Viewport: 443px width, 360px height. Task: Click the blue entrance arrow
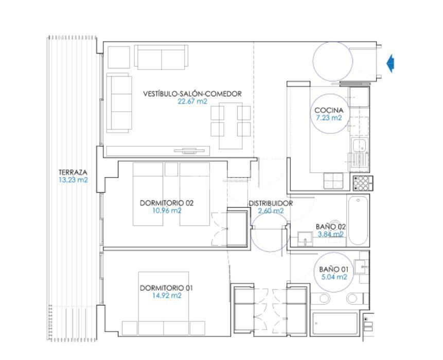[391, 63]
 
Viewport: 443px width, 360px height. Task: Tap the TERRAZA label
[73, 172]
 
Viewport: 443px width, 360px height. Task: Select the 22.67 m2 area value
[192, 101]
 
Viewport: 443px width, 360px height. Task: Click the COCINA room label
[329, 110]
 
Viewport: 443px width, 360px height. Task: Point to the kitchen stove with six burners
[363, 183]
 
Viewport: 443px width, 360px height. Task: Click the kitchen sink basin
[359, 145]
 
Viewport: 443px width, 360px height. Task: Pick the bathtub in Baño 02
[358, 220]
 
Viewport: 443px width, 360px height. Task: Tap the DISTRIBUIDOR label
[271, 203]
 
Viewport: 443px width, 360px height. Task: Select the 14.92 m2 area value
[167, 296]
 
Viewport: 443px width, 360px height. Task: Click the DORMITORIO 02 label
[167, 203]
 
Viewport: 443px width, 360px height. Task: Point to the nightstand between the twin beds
[171, 169]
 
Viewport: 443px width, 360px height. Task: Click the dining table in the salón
[231, 126]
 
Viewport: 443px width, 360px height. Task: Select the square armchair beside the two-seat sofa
[119, 57]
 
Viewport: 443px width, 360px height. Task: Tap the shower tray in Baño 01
[335, 323]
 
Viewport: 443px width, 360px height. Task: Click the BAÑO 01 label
[333, 269]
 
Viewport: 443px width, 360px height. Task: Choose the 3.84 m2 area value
[331, 234]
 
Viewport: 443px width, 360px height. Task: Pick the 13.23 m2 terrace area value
[73, 180]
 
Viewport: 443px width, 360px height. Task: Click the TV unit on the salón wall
[158, 151]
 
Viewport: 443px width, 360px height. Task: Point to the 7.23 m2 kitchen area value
[329, 117]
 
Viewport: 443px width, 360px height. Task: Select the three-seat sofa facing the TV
[119, 103]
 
